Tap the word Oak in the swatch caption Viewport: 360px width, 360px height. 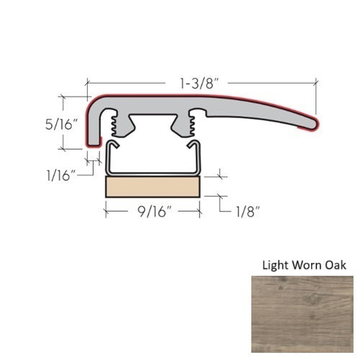pos(335,265)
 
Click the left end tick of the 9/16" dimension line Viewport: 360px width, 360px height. pos(107,211)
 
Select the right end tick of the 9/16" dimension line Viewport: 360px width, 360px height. pos(199,211)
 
